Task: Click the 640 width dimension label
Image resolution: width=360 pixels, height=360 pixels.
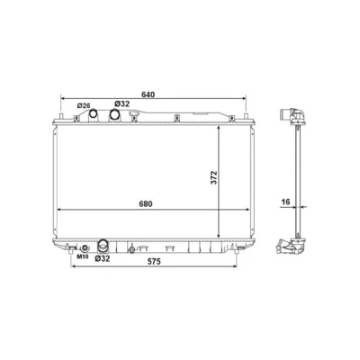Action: tap(148, 94)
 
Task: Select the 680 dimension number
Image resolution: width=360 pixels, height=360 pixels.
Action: tap(146, 204)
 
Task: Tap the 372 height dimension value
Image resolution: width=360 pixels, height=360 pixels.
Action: tap(213, 177)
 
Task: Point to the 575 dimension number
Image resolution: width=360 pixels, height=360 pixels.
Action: tap(154, 262)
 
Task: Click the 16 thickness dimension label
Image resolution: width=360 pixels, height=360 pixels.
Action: tap(285, 202)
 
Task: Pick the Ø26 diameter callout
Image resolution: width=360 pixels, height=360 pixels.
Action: tap(84, 105)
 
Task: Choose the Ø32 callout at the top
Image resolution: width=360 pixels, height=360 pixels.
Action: tap(121, 103)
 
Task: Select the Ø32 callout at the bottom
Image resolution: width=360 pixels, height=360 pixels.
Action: tap(103, 258)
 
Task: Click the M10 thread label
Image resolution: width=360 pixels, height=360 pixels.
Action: tap(82, 256)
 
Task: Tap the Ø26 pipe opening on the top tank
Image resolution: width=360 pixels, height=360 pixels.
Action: tap(94, 113)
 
